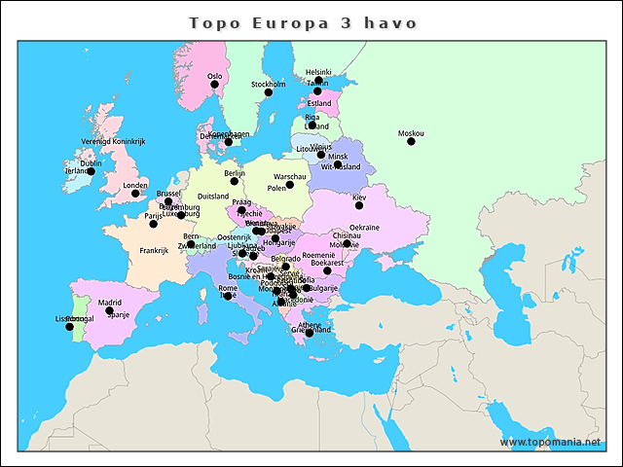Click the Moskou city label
[x=411, y=133]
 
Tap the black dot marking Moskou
[x=411, y=142]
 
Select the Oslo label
[x=215, y=76]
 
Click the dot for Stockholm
[x=269, y=92]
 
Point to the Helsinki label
[x=318, y=72]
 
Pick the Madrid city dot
[x=110, y=311]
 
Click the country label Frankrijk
[x=154, y=250]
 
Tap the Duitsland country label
[x=212, y=196]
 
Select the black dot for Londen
[x=135, y=194]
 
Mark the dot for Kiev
[x=359, y=205]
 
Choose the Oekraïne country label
[x=364, y=227]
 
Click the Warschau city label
[x=290, y=176]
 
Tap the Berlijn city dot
[x=235, y=181]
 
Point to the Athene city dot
[x=310, y=333]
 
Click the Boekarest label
[x=327, y=263]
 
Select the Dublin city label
[x=91, y=163]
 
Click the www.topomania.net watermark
[x=551, y=442]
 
